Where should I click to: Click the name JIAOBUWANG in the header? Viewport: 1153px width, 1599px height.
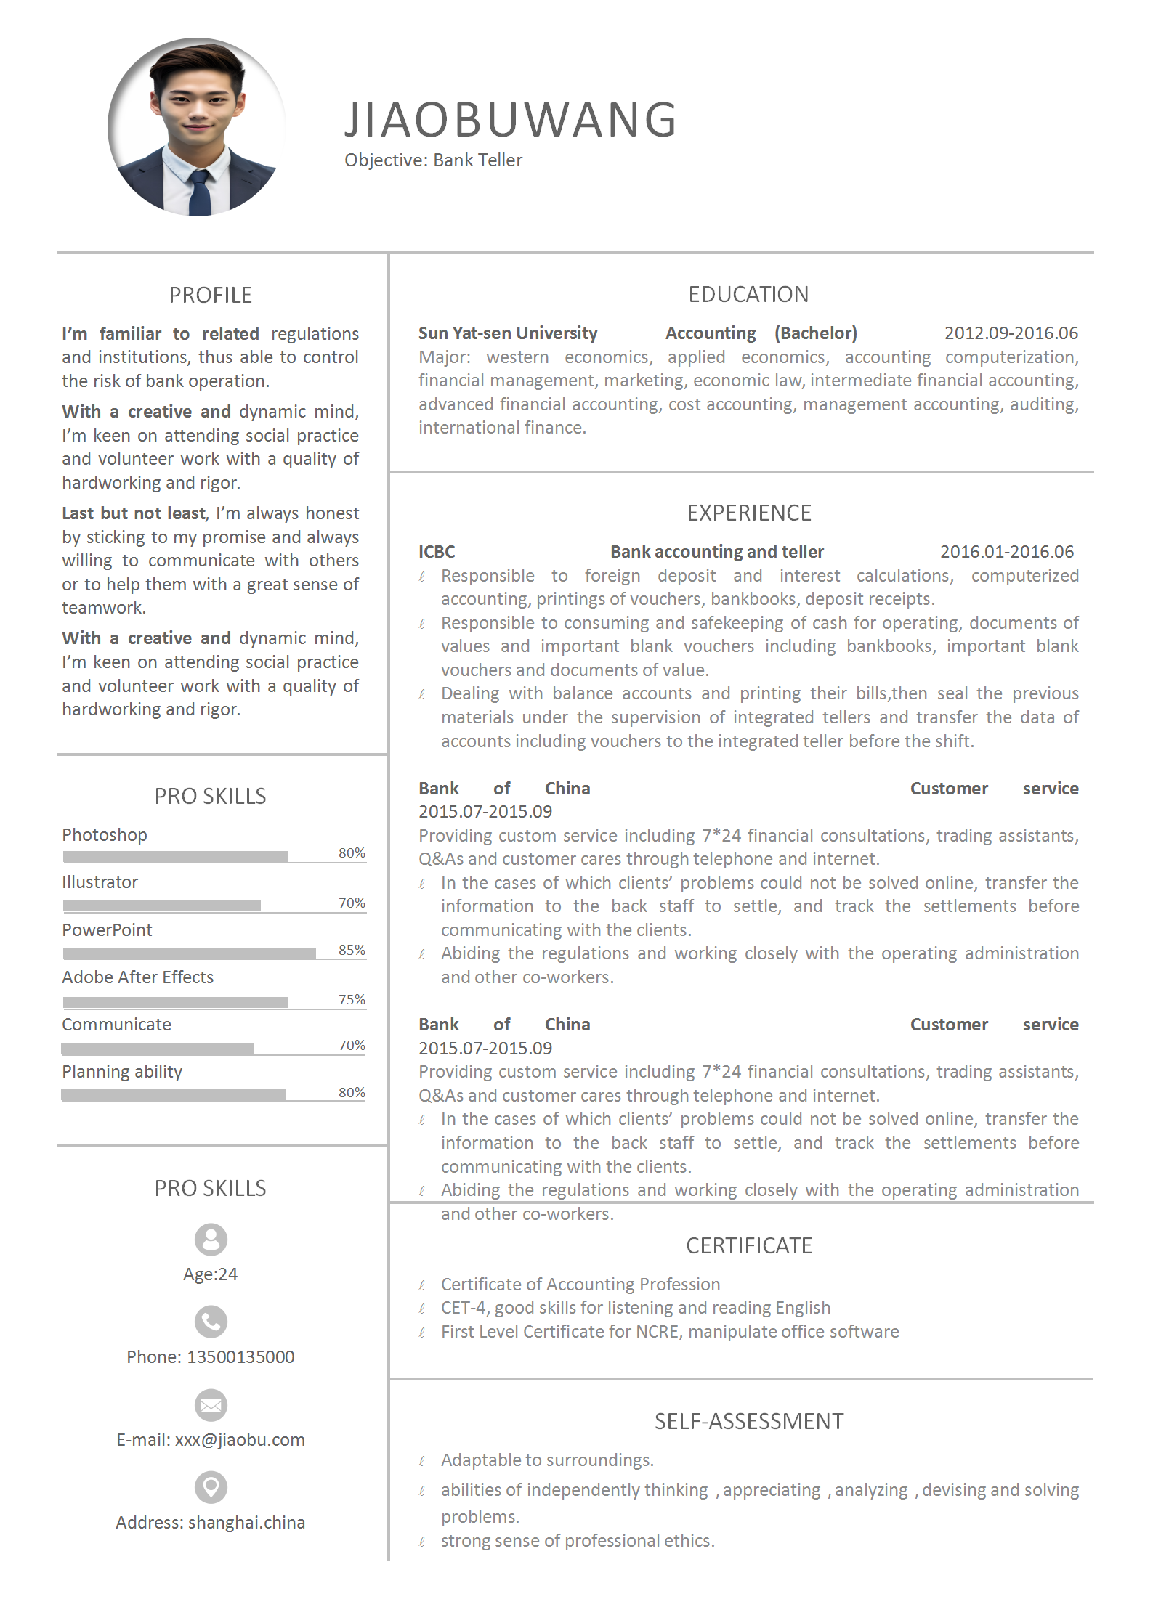(511, 120)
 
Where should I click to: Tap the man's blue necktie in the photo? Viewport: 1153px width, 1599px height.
(199, 192)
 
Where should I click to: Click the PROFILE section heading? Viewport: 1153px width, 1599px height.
(211, 295)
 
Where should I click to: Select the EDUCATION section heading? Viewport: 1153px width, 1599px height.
(748, 294)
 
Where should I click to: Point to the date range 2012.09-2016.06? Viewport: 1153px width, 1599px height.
(1011, 333)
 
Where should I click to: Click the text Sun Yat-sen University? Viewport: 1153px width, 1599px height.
(508, 333)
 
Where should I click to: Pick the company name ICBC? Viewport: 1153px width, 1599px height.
(437, 552)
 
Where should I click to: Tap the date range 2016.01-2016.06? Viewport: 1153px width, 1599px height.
(1006, 552)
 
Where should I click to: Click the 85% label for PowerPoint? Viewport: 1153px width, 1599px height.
(352, 950)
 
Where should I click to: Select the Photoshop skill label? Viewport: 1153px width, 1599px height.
(105, 835)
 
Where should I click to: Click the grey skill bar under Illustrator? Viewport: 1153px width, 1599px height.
(162, 906)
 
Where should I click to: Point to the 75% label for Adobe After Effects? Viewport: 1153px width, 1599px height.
(352, 999)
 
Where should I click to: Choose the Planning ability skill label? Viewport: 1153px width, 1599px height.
(122, 1072)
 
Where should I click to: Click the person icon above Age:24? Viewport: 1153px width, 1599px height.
(211, 1240)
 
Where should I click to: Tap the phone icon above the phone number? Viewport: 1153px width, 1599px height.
(211, 1322)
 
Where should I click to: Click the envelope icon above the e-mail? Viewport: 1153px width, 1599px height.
(211, 1405)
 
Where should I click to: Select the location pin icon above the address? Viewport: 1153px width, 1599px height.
(211, 1487)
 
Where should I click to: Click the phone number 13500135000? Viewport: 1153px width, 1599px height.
(240, 1357)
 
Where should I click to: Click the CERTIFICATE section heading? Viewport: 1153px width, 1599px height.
(749, 1245)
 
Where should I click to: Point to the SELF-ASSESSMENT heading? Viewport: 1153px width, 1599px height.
(749, 1421)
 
